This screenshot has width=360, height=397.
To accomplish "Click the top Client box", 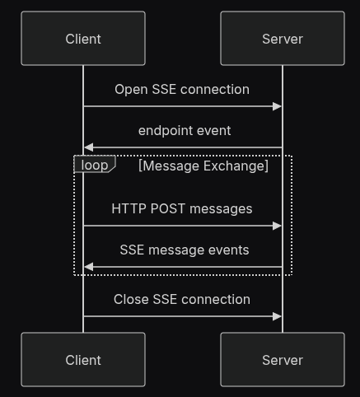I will (x=83, y=39).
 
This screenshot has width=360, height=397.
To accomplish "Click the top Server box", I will (x=283, y=39).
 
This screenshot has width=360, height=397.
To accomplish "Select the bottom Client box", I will (x=83, y=360).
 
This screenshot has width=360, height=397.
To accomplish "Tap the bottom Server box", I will (x=283, y=360).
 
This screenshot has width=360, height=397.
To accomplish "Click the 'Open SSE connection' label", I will (x=182, y=89).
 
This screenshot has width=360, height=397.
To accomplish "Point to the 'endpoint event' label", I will (x=185, y=130).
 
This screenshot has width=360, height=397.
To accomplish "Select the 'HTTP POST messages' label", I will (x=182, y=208).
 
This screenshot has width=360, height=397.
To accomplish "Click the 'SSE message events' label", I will (x=185, y=250).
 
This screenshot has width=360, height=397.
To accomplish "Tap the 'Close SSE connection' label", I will (x=182, y=299).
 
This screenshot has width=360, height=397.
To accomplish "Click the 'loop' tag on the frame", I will (x=94, y=165).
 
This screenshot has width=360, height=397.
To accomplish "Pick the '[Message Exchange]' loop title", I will (x=203, y=166).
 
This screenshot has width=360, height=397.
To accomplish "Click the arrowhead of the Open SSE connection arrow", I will (x=278, y=106).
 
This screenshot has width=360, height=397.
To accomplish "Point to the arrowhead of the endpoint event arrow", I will (x=88, y=147).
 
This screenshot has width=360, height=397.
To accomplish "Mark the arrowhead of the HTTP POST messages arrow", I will (x=278, y=226).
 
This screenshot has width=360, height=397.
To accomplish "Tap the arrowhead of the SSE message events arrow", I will (x=88, y=267).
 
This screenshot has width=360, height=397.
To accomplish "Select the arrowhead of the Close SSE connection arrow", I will (x=278, y=316).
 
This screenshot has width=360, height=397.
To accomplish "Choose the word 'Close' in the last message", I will (x=131, y=299).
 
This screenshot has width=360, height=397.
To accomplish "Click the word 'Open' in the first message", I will (x=130, y=89).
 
